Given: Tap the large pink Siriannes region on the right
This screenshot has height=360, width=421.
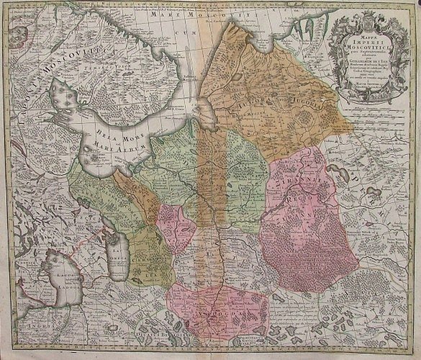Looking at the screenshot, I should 302,216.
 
